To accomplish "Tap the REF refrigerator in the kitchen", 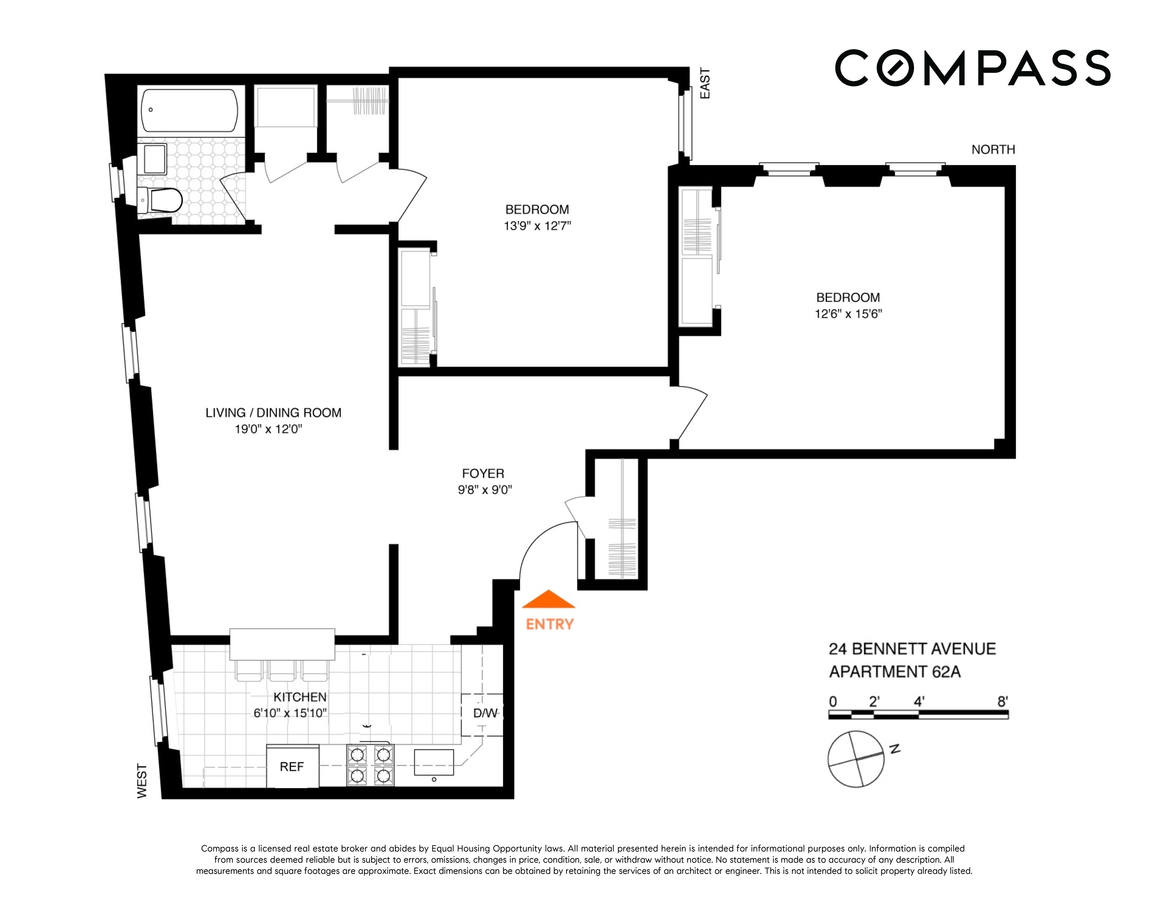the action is tap(292, 766).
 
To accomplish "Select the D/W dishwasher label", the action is tap(485, 713).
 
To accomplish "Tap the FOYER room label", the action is tap(483, 473).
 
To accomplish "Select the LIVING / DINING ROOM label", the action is tap(273, 413).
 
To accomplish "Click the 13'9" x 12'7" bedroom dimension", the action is tap(537, 226).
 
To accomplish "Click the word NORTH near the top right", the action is tap(993, 150).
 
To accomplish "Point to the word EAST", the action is tap(705, 83).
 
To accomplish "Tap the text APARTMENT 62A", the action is tap(895, 672).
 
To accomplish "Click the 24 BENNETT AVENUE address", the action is tap(912, 649).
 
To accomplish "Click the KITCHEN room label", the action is tap(300, 697).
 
